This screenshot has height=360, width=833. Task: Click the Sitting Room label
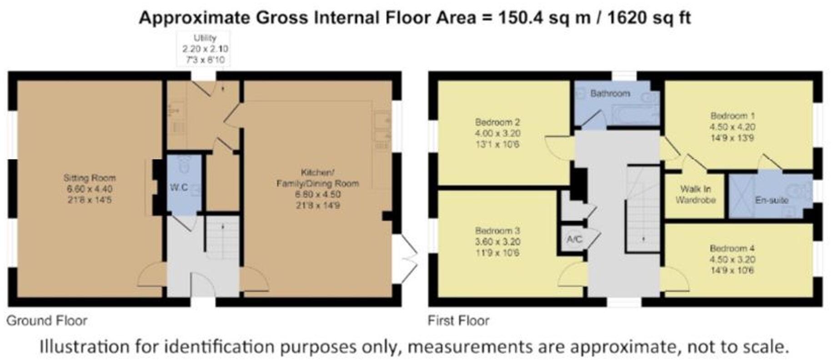click(90, 178)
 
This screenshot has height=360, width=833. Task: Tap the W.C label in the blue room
click(179, 188)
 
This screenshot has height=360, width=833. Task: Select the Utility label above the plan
click(205, 38)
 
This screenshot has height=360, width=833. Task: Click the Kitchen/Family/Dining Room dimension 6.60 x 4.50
click(318, 195)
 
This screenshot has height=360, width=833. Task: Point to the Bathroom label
click(610, 94)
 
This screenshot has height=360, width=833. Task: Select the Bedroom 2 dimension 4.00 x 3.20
click(497, 134)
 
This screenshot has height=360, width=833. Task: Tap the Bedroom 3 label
click(497, 231)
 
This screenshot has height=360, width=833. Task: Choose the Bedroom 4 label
click(732, 249)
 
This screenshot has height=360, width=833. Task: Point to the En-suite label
click(771, 200)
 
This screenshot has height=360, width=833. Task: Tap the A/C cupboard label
click(574, 239)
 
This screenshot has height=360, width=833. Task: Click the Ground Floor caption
click(47, 321)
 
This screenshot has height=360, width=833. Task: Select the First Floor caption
click(458, 321)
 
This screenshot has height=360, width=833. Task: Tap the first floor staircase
click(643, 209)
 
